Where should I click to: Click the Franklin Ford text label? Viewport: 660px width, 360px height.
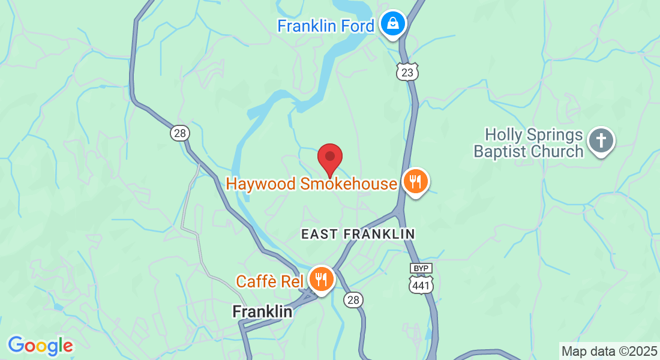[x=325, y=26]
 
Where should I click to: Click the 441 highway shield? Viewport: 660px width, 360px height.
[x=421, y=286]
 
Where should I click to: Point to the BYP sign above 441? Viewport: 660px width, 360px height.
[x=421, y=268]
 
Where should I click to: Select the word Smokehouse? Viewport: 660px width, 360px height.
[x=349, y=184]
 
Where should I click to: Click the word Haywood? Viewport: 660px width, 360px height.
[x=261, y=184]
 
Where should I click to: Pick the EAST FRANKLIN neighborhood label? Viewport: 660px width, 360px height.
[x=358, y=233]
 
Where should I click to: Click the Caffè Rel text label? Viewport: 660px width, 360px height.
[x=269, y=281]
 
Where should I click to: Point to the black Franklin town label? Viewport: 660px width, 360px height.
[x=262, y=312]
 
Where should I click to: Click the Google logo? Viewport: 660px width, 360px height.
[x=40, y=346]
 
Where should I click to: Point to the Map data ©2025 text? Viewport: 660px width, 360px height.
[x=609, y=351]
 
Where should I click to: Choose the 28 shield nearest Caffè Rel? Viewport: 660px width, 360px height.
[x=354, y=299]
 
